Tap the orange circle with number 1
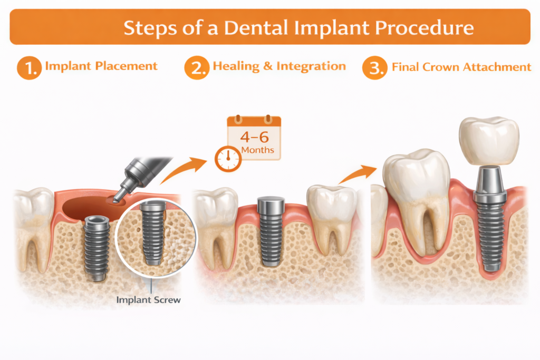pyautogui.click(x=29, y=68)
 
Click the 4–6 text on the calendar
pyautogui.click(x=254, y=137)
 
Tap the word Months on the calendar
pyautogui.click(x=257, y=150)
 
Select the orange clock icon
pyautogui.click(x=228, y=158)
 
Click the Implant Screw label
pyautogui.click(x=149, y=299)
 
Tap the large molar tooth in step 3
pyautogui.click(x=417, y=195)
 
